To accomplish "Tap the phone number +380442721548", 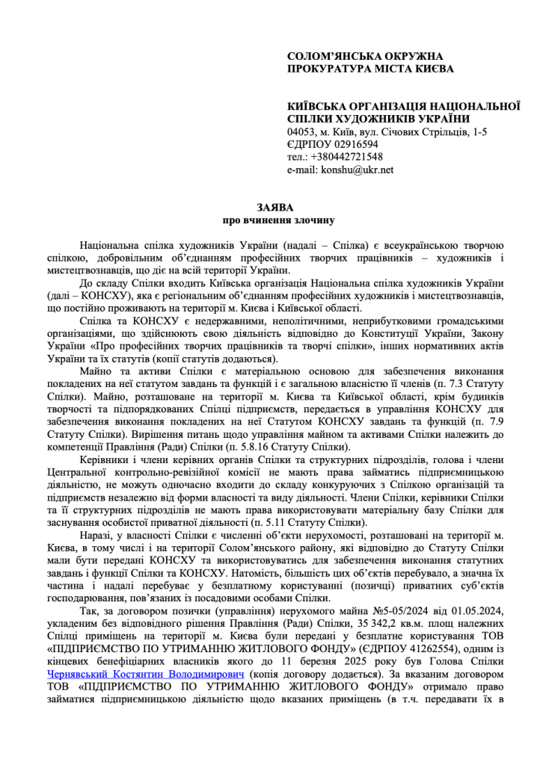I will pos(347,157).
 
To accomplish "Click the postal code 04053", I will pos(301,131).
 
